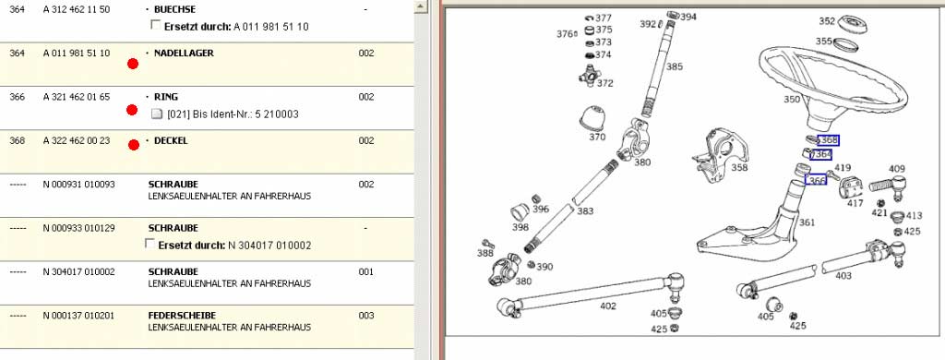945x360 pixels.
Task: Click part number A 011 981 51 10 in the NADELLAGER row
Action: coord(77,53)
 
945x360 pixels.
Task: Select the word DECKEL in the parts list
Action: coord(171,140)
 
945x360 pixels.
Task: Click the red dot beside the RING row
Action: coord(132,110)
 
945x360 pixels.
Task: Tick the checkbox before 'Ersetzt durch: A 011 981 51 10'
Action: coord(155,25)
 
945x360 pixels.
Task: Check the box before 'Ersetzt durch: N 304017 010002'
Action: coord(150,244)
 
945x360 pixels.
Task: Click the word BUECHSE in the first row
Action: coord(174,9)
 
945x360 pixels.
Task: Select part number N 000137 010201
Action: coord(79,316)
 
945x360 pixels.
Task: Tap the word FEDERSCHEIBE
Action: coord(182,316)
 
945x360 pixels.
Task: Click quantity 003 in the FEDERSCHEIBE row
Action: coord(365,316)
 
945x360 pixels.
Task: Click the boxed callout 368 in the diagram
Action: coord(829,140)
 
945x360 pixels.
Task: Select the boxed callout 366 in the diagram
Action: coord(816,180)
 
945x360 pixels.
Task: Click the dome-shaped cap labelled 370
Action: coord(592,117)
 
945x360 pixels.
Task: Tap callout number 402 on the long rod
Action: coord(608,306)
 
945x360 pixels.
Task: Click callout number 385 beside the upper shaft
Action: coord(675,66)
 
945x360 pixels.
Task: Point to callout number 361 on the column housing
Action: coord(807,222)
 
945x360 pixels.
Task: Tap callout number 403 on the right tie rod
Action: coord(843,276)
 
